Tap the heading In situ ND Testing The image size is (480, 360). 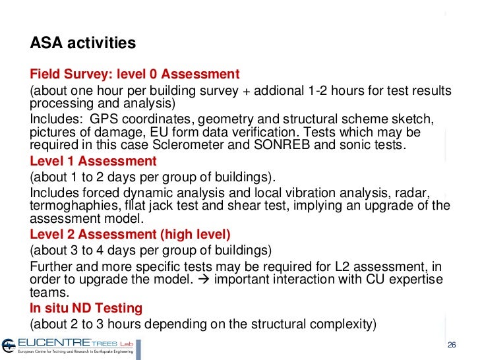coord(86,308)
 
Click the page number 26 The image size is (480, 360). coord(452,345)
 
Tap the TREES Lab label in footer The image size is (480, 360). coord(111,343)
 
